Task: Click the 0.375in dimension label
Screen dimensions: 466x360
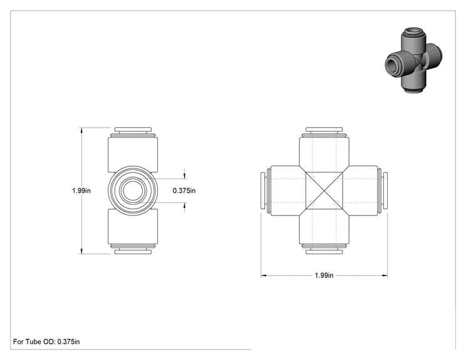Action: click(x=184, y=190)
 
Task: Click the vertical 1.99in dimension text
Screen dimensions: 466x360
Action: click(x=81, y=190)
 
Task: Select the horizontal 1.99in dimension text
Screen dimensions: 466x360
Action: click(x=324, y=275)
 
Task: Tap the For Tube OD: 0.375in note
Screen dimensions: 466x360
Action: click(x=46, y=342)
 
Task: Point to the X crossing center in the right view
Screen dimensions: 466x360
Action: click(x=324, y=191)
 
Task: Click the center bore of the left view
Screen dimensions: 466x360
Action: click(x=133, y=191)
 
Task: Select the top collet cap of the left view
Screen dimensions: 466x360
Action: click(x=133, y=130)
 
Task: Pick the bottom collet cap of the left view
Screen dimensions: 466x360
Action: click(x=133, y=252)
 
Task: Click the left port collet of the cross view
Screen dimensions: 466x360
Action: click(x=263, y=191)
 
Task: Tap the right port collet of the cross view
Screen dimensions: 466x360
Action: click(x=385, y=191)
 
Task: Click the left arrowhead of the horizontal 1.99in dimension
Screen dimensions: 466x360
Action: click(x=263, y=275)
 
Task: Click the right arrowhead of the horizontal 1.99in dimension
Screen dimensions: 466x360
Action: click(x=385, y=275)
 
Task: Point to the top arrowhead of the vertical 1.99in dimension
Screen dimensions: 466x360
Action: click(x=81, y=130)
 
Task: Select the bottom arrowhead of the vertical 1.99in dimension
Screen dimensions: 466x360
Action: click(x=81, y=251)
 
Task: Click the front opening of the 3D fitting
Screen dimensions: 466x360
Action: click(x=392, y=64)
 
